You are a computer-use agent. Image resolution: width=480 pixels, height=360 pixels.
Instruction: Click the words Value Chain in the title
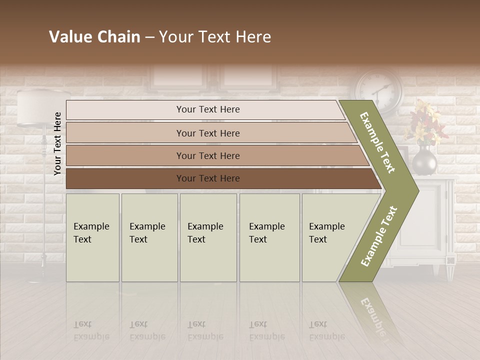[94, 37]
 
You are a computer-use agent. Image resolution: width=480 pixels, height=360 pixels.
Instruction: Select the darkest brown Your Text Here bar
[208, 178]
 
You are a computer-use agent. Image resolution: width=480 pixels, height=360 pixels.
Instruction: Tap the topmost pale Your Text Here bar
[208, 109]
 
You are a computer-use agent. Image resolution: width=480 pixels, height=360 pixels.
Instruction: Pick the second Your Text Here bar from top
[208, 133]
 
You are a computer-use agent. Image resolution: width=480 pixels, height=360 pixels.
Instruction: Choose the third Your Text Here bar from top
[208, 155]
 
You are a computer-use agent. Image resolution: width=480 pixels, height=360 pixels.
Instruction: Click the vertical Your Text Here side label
[57, 143]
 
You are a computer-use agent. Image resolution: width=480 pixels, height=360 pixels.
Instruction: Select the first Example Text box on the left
[92, 237]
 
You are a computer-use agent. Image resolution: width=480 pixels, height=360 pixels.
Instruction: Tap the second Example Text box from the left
[149, 237]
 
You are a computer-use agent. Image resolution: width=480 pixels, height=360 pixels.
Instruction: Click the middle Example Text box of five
[208, 237]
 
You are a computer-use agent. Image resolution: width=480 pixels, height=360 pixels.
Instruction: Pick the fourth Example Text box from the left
[269, 237]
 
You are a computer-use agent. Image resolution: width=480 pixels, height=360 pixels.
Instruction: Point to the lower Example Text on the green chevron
[379, 236]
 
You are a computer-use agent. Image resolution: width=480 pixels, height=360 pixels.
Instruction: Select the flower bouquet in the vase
[424, 122]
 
